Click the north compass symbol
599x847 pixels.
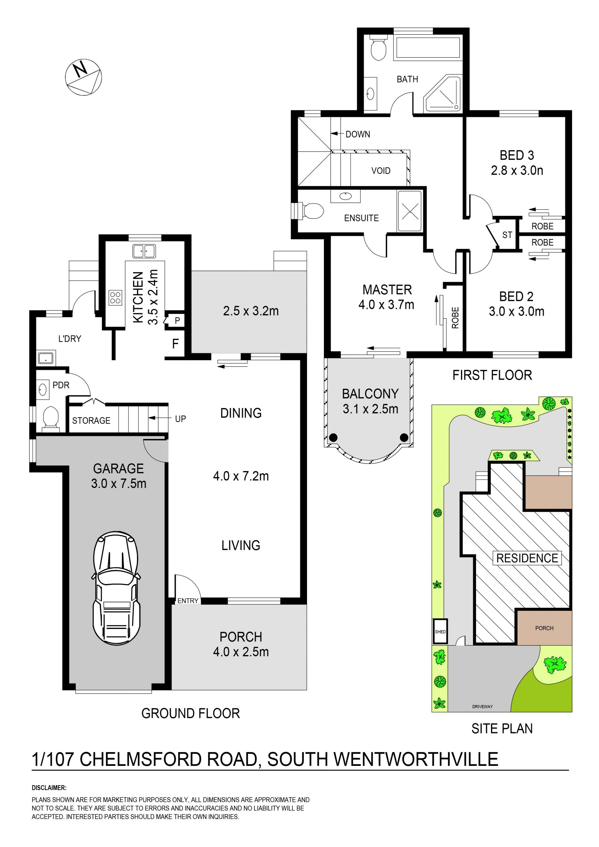tap(83, 77)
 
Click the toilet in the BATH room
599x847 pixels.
tap(378, 48)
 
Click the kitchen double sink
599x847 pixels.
tap(144, 251)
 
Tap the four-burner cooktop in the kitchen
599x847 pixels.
tap(115, 298)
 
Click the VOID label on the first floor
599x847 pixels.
tap(381, 171)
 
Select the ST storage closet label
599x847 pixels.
tap(507, 235)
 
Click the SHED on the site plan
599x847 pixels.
tap(440, 631)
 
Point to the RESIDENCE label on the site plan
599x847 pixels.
tap(527, 558)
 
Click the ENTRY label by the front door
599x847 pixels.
tap(188, 601)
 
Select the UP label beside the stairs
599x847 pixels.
tap(180, 419)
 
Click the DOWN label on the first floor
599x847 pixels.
tap(358, 134)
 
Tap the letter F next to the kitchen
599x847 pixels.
tap(176, 344)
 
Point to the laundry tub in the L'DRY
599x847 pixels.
tap(46, 358)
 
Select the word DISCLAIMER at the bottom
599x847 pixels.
tap(49, 788)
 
